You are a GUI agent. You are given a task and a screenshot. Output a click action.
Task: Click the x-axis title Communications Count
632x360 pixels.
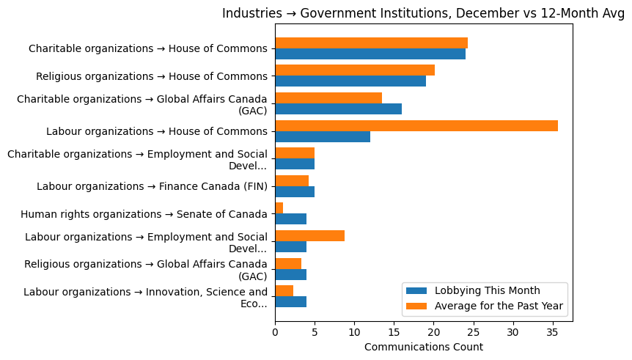tap(424, 347)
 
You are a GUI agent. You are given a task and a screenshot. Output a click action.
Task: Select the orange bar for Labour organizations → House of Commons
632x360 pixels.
tap(416, 126)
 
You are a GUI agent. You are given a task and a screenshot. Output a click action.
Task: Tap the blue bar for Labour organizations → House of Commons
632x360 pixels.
tap(323, 137)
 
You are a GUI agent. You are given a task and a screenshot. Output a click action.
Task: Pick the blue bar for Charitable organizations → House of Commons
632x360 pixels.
tap(370, 54)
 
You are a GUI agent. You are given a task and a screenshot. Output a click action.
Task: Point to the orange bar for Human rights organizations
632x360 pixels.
tap(279, 208)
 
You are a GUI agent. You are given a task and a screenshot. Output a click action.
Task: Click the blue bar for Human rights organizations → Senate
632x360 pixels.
tap(290, 219)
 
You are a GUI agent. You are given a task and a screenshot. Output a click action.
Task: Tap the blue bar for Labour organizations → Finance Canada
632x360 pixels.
tap(295, 192)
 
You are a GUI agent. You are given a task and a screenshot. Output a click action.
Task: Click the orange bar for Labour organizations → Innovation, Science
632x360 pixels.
tap(284, 291)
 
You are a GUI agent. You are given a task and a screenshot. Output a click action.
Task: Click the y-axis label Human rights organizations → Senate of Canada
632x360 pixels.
tap(144, 214)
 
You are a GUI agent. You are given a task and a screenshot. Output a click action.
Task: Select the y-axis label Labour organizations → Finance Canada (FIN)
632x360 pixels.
tap(152, 186)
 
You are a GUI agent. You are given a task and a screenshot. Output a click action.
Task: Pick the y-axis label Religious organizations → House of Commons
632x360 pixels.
tap(152, 76)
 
